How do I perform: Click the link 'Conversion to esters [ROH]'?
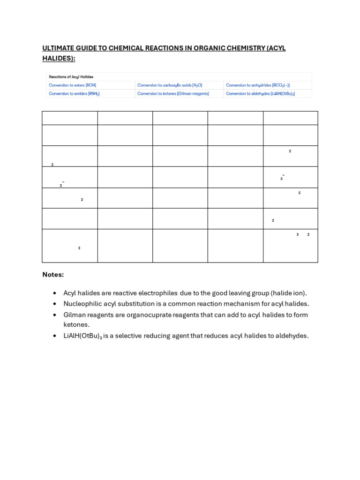coord(72,85)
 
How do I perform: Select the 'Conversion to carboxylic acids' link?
coord(170,85)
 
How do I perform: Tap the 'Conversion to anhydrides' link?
coord(258,85)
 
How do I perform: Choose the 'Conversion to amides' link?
coord(74,94)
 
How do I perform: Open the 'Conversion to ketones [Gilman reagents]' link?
coord(173,94)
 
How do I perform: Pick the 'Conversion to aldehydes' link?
coord(260,94)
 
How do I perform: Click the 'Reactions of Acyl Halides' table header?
coord(71,77)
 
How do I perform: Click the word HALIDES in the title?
coord(58,58)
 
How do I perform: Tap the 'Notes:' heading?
coord(53,275)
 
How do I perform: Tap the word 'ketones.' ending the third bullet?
coord(76,324)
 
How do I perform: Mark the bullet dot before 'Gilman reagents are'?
coord(55,315)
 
